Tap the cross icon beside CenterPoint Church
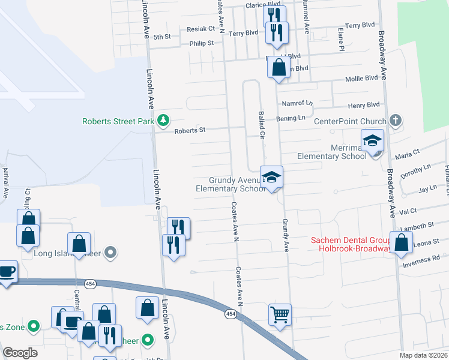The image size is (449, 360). pos(394,121)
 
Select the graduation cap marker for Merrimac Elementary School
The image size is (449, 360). pos(372,142)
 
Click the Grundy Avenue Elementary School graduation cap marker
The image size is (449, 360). pos(271,177)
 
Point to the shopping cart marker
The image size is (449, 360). pos(280,314)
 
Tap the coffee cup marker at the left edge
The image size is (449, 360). pos(6,271)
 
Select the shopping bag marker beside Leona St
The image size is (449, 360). pos(402,243)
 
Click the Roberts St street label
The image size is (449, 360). pos(190,130)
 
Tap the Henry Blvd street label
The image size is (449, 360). pos(364,105)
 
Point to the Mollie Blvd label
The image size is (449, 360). pos(362,78)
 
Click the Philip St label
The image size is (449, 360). pos(202,43)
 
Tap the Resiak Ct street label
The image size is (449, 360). pos(200,29)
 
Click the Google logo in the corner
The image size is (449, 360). pos(20,353)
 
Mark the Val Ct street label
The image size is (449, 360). pos(408,212)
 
